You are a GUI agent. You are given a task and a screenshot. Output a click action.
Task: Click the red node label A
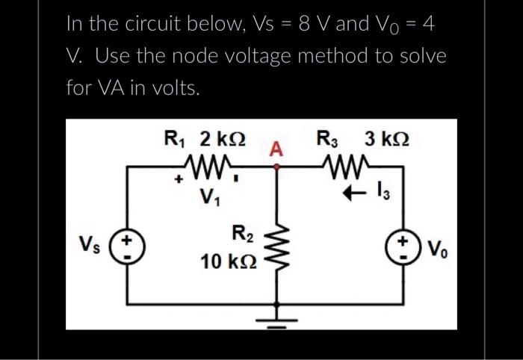click(276, 149)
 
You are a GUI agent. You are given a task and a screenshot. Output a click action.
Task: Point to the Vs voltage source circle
click(128, 247)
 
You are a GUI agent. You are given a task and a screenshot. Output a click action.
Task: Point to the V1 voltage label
click(211, 199)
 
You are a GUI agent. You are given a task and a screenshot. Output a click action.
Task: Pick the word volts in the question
click(174, 90)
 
